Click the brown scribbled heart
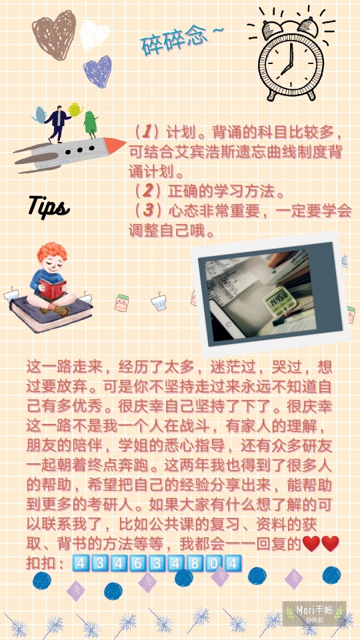54,35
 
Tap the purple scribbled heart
97,71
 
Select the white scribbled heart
95,35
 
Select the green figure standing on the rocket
90,125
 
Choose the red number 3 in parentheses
147,211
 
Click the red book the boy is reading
53,289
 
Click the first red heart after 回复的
311,544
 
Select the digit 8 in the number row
195,563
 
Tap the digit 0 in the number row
213,563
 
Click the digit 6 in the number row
137,563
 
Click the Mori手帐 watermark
314,613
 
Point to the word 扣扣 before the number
41,563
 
